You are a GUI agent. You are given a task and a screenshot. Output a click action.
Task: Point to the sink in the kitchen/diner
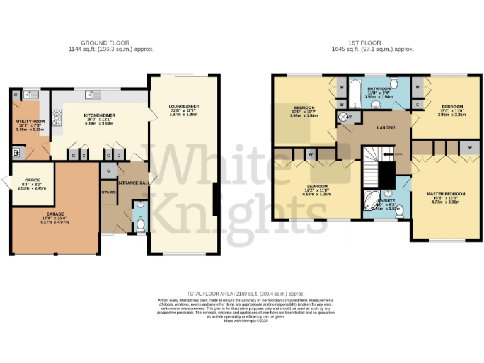coord(95,95)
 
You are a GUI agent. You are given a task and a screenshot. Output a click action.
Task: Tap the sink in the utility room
coord(29,95)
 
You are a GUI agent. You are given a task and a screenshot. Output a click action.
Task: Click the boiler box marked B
coord(15,153)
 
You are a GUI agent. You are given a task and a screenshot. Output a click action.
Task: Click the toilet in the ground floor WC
coord(140,225)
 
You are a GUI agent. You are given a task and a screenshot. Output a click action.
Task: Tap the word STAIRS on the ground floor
coord(108,192)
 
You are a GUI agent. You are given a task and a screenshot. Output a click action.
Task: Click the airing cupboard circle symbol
coord(343,118)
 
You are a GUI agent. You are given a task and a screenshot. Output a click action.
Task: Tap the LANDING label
coord(386,127)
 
